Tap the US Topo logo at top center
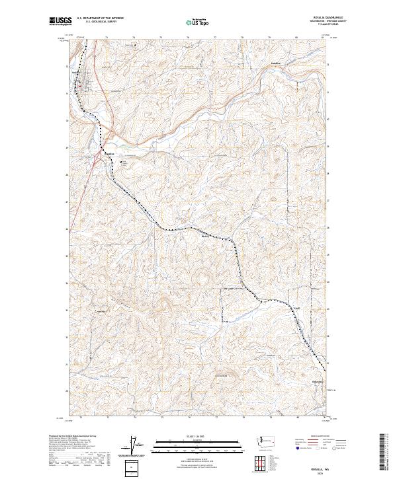(x=198, y=22)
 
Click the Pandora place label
(x=276, y=63)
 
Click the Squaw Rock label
(x=101, y=312)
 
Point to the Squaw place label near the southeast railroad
(x=297, y=308)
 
